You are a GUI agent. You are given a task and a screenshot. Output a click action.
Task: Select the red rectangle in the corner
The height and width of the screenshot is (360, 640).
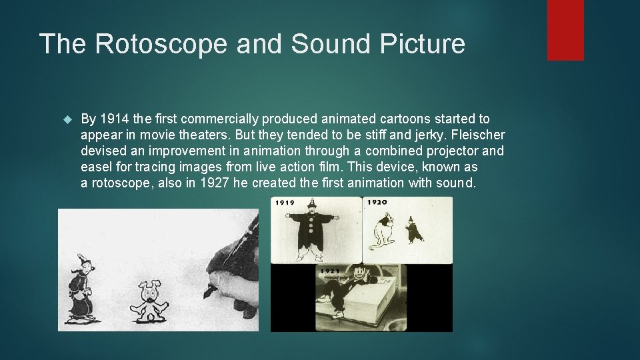(x=565, y=30)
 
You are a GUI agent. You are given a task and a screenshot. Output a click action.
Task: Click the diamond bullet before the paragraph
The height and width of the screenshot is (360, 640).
(x=66, y=119)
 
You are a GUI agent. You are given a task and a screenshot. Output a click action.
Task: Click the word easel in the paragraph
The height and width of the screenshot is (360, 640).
(x=96, y=167)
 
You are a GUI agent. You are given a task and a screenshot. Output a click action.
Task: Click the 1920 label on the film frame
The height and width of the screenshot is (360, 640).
(x=377, y=202)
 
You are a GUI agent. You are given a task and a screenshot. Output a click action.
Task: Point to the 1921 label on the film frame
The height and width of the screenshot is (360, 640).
(x=331, y=271)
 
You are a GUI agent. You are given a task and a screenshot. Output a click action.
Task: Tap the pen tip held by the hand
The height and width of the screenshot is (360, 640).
(x=213, y=291)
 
